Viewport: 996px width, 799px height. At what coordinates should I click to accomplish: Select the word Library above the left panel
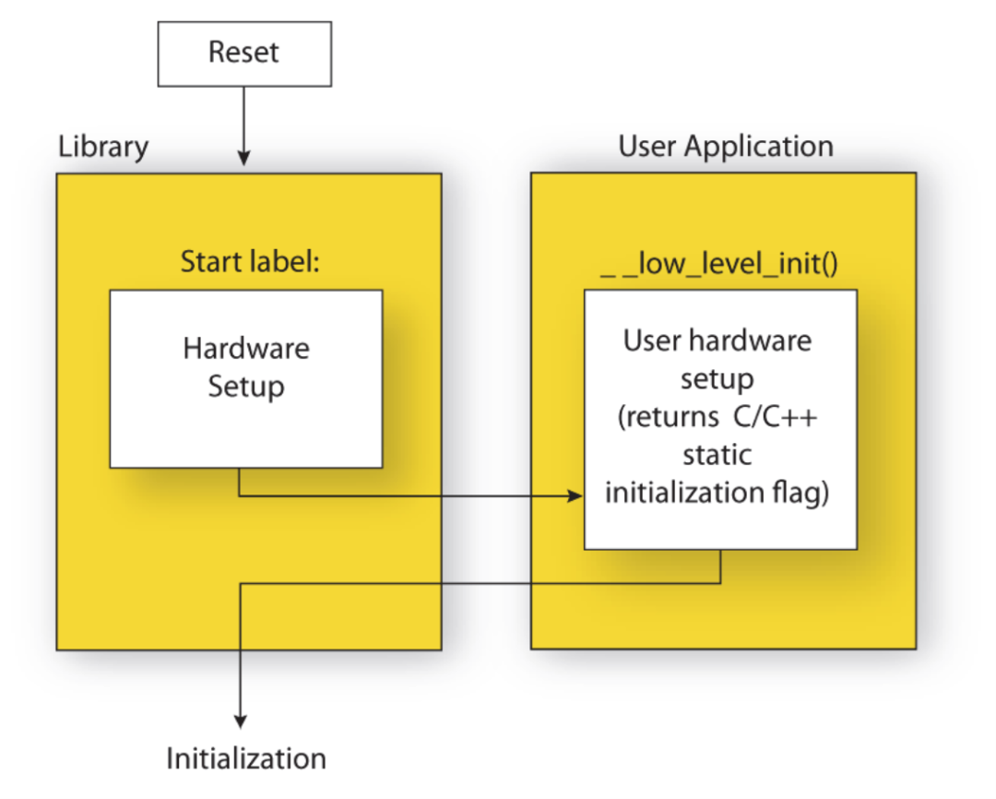(102, 147)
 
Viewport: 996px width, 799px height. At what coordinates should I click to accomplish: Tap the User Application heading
(725, 146)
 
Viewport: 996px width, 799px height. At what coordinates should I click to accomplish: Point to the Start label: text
(249, 262)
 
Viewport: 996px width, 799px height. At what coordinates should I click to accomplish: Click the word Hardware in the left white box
(246, 349)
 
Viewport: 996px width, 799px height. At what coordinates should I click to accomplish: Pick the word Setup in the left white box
(246, 386)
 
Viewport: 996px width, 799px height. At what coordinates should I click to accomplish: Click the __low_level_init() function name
(718, 268)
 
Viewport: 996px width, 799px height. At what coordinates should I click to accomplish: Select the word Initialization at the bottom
(246, 758)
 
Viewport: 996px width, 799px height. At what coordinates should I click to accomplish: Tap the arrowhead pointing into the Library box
(243, 159)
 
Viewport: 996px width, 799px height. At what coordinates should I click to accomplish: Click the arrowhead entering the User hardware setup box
(575, 496)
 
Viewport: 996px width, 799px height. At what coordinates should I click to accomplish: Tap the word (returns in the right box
(663, 416)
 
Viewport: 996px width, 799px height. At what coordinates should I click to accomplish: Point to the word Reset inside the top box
(243, 52)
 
